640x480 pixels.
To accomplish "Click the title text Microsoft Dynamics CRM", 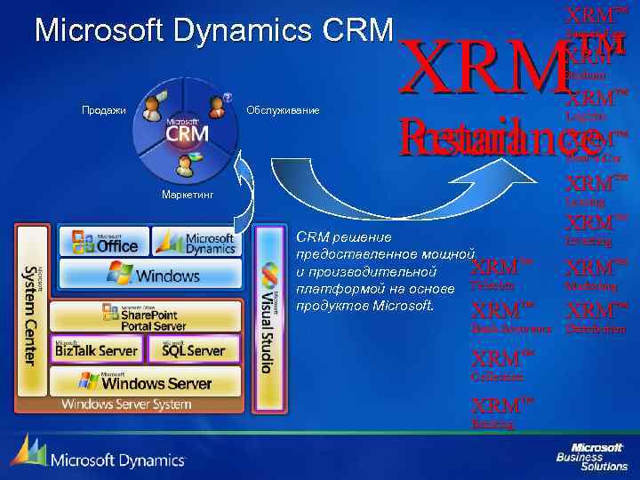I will coord(213,31).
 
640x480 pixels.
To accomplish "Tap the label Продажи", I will coord(104,110).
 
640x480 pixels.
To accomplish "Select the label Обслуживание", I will coord(282,110).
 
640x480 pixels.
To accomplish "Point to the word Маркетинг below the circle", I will coord(187,195).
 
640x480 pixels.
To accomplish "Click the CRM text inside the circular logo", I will coord(187,133).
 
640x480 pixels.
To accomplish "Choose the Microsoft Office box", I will coord(104,242).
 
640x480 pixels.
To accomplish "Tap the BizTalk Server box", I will coord(96,350).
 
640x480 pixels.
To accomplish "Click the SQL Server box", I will coord(195,350).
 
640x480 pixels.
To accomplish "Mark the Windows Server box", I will coord(145,383).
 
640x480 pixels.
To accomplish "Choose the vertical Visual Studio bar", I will coord(267,316).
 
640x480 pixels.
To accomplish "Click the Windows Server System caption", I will coord(126,405).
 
